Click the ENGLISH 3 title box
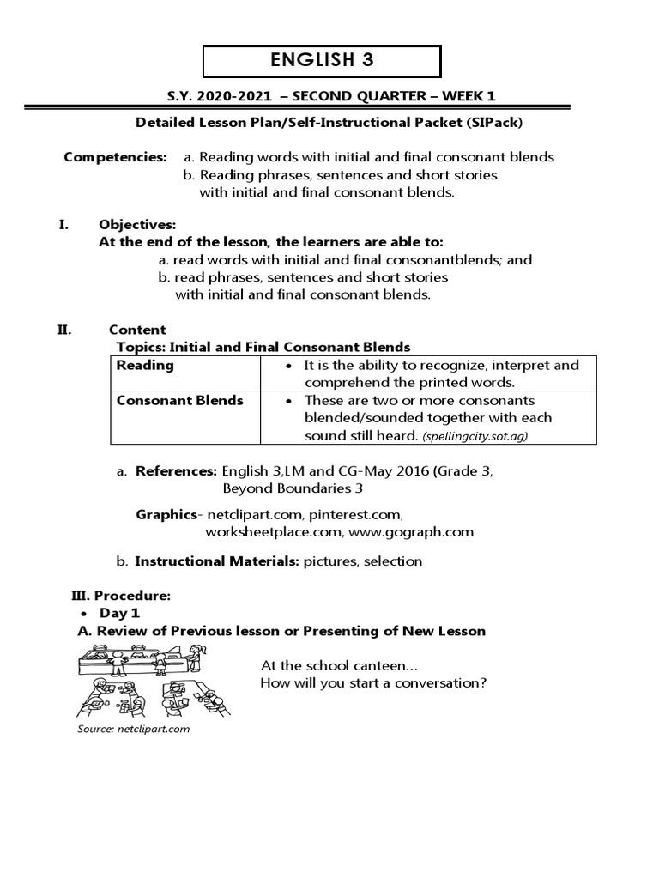322,61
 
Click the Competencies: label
116,157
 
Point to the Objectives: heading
137,225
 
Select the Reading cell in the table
145,365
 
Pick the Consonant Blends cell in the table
179,400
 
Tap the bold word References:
177,471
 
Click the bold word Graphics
166,514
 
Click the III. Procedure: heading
120,595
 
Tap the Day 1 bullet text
119,613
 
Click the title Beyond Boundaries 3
292,488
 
